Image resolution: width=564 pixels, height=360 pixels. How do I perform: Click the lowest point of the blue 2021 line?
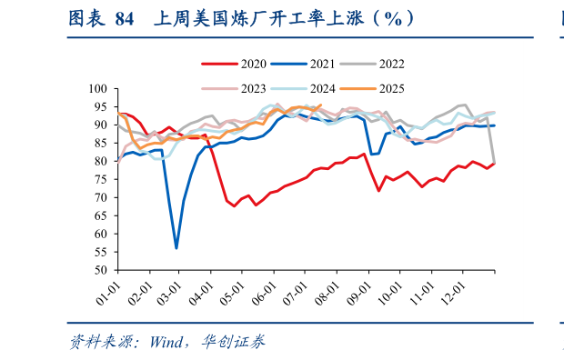click(176, 247)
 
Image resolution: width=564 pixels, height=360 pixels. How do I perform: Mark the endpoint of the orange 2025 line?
click(320, 105)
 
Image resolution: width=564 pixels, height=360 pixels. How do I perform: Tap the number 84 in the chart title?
click(124, 18)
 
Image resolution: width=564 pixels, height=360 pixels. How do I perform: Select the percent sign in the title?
click(393, 18)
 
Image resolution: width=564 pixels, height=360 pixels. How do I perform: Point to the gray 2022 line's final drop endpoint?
click(494, 164)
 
